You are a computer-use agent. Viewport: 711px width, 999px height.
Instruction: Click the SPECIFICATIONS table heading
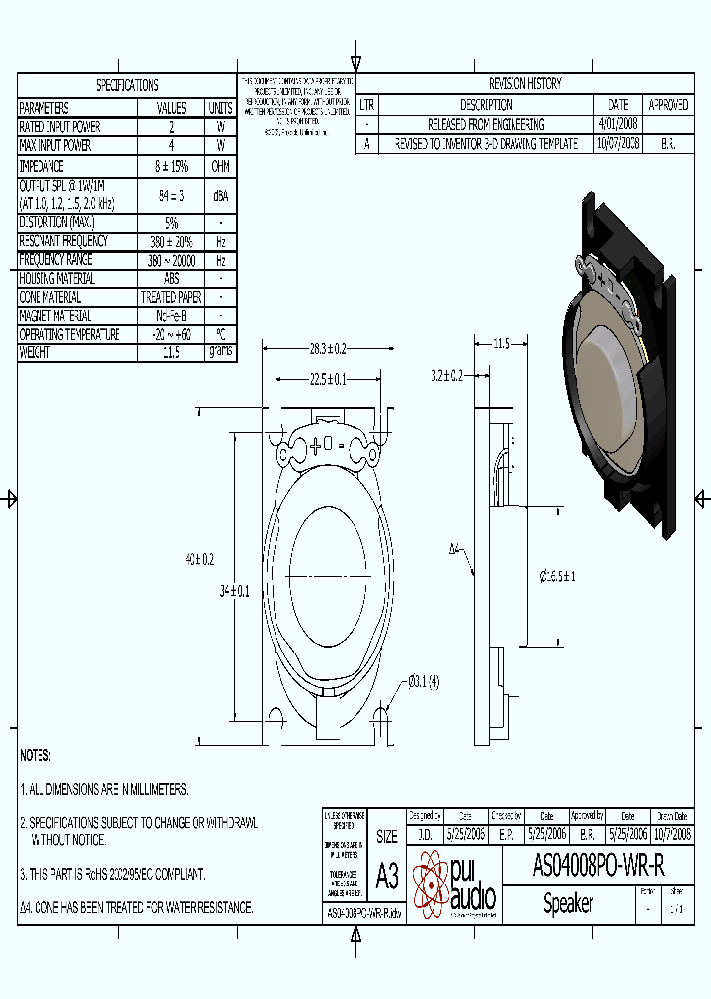point(126,85)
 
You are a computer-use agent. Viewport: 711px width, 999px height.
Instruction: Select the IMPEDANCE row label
point(41,166)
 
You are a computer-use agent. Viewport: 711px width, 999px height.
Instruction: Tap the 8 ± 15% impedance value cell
point(172,166)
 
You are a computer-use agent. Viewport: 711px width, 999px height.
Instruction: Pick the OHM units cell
point(220,166)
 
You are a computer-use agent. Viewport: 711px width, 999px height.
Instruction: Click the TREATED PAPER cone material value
point(172,297)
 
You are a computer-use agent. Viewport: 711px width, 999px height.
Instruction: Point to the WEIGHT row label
point(35,352)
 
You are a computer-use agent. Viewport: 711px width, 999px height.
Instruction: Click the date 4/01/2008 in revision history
point(618,124)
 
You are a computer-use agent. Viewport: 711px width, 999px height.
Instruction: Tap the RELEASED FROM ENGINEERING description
point(485,124)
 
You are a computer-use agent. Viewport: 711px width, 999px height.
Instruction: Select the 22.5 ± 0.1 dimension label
point(328,379)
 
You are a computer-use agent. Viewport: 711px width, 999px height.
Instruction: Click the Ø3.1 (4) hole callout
point(424,681)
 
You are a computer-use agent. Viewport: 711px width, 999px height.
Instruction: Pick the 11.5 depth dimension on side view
point(500,344)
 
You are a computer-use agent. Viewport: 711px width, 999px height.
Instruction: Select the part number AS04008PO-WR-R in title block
point(598,866)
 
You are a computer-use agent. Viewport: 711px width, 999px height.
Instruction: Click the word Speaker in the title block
point(569,903)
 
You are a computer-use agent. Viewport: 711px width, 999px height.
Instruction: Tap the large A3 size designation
point(387,877)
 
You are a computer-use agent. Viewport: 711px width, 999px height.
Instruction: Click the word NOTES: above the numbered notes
point(36,755)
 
